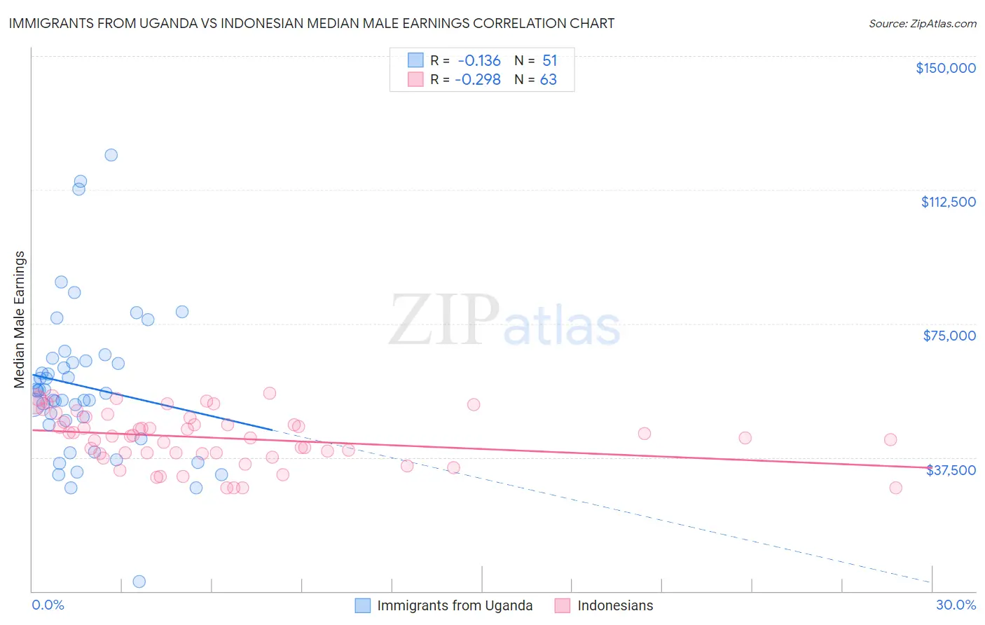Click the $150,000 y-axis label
click(x=945, y=68)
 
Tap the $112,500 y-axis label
click(x=948, y=202)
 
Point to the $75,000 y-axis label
click(x=949, y=336)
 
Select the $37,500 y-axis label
click(x=951, y=470)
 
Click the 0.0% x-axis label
click(x=48, y=605)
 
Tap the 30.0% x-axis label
click(x=956, y=605)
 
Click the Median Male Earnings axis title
click(x=20, y=319)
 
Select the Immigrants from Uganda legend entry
click(x=455, y=605)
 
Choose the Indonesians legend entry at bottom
click(x=615, y=605)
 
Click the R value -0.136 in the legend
click(x=479, y=61)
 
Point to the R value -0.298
click(x=478, y=80)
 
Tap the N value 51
click(x=549, y=61)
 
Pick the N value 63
click(x=548, y=80)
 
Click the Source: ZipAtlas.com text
click(x=922, y=24)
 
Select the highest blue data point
click(x=111, y=155)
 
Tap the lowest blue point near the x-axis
click(x=139, y=582)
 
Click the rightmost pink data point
click(x=895, y=488)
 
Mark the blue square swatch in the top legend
click(x=415, y=60)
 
